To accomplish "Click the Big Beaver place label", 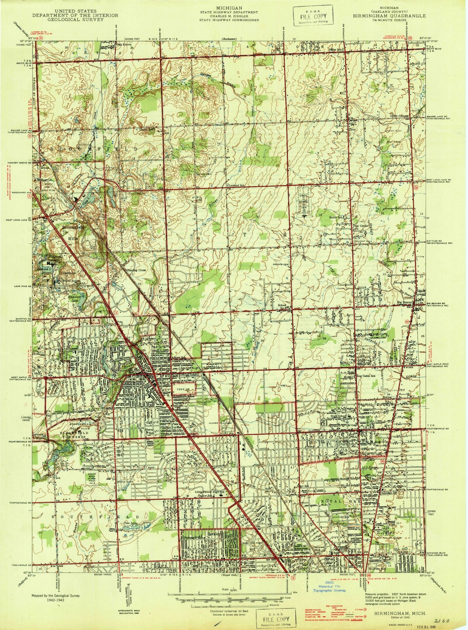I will (x=405, y=302).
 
